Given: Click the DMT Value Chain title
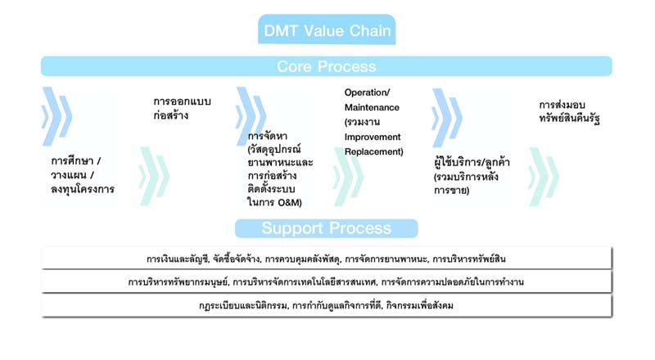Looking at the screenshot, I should [x=327, y=31].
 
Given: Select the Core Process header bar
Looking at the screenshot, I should [x=327, y=66].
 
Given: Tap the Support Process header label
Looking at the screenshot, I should [x=327, y=228].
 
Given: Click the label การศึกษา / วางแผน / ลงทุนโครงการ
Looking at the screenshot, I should [x=83, y=175].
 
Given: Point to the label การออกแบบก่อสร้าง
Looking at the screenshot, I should [x=183, y=108].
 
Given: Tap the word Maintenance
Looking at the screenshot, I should [x=372, y=107].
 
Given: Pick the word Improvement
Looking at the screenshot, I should [x=373, y=137].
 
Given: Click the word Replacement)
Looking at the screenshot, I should [x=374, y=151].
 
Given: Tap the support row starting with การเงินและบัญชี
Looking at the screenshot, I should [x=327, y=259].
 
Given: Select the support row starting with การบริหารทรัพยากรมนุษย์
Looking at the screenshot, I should [x=327, y=282].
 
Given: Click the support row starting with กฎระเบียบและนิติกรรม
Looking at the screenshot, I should [x=327, y=306].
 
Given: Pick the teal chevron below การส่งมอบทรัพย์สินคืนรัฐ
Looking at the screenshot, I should [x=544, y=176].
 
